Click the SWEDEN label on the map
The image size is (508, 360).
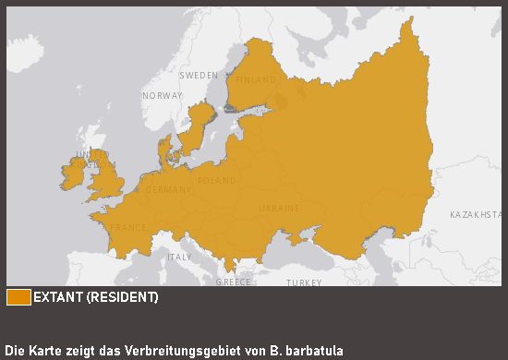[x=199, y=75]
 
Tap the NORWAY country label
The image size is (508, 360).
[x=163, y=96]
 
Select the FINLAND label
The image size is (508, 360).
[x=256, y=80]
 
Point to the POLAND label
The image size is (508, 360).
[x=217, y=181]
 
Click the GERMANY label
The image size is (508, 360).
[x=169, y=190]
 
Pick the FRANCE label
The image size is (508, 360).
[x=128, y=227]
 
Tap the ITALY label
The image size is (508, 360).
[x=179, y=257]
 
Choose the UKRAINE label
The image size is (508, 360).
[x=279, y=209]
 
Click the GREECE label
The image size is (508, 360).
[x=234, y=282]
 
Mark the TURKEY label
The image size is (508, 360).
[x=304, y=282]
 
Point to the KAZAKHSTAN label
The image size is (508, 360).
[x=475, y=215]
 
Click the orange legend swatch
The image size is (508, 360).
[x=18, y=297]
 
